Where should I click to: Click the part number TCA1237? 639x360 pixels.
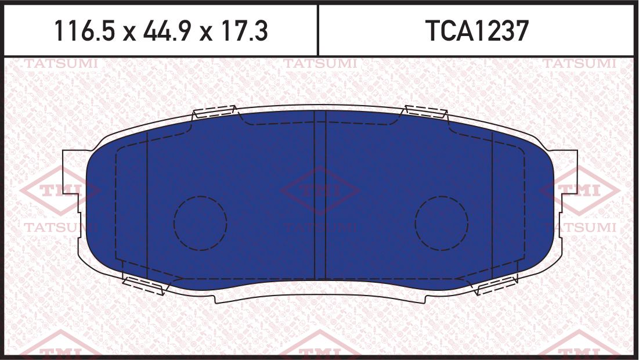click(x=478, y=31)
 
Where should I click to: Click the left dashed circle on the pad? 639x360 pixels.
click(x=200, y=223)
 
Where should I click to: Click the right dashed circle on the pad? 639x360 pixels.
click(x=442, y=223)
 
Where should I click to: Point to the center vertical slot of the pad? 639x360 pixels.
click(x=320, y=195)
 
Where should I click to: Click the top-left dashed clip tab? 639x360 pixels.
click(x=214, y=111)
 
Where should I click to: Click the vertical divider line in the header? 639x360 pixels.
click(x=318, y=30)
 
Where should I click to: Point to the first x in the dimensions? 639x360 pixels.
click(x=129, y=33)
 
